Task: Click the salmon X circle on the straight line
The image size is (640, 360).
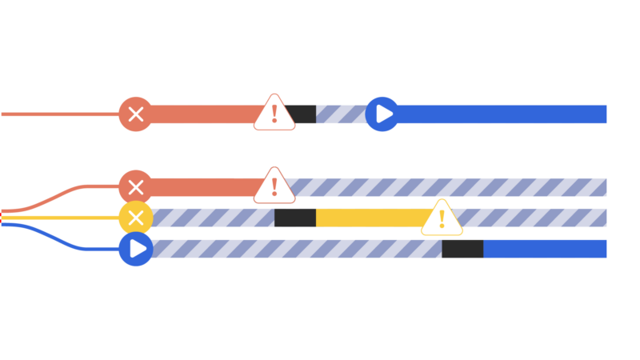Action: pos(136,114)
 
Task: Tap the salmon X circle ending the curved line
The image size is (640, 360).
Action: pos(136,187)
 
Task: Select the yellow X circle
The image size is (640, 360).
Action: pos(136,218)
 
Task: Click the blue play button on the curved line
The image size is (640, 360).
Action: pos(136,249)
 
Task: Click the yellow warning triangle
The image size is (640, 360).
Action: pos(442,218)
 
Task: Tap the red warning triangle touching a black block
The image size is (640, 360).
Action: pos(274,113)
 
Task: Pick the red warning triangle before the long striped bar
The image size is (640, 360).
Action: pos(274,186)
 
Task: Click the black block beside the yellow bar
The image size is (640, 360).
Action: pos(295,218)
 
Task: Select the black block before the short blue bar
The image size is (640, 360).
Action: pos(462,249)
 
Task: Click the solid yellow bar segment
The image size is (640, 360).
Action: pos(368,218)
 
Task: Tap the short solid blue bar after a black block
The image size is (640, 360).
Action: pos(545,249)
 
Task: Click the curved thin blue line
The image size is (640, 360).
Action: pos(64,238)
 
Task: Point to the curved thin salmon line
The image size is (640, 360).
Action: pos(64,194)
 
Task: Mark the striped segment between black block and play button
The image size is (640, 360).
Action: pos(341,114)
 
